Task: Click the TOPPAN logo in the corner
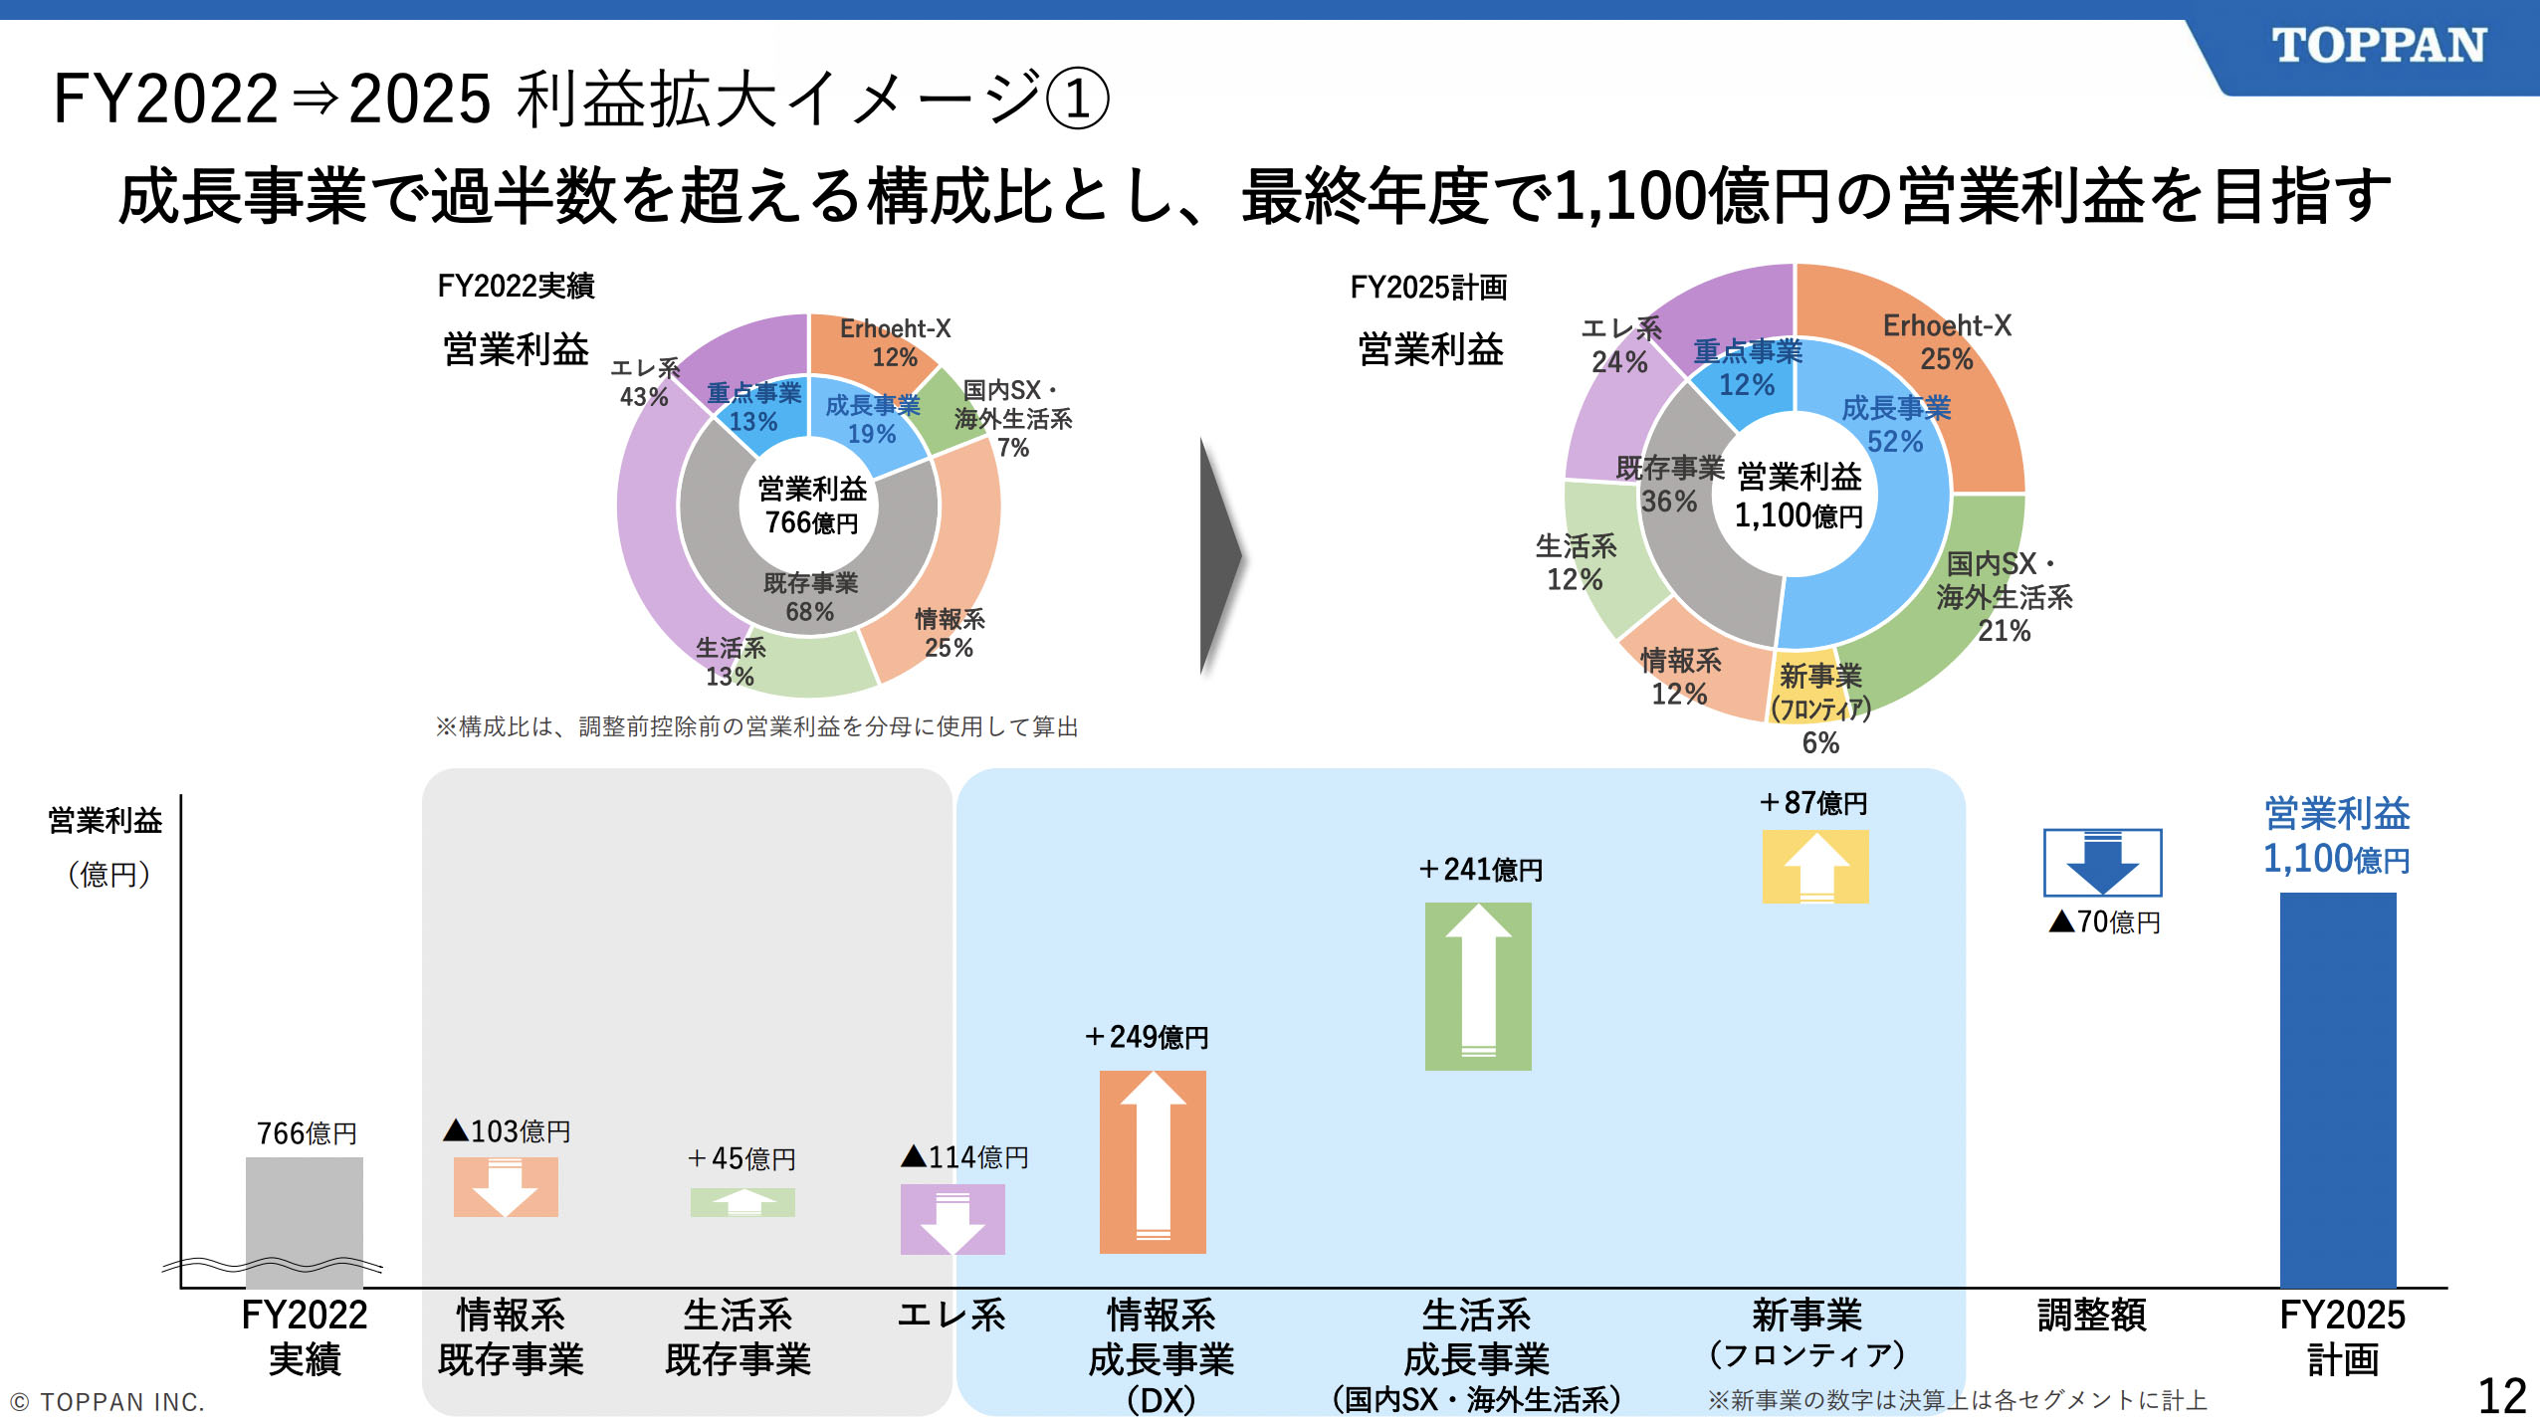tap(2378, 46)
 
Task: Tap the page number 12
tap(2500, 1395)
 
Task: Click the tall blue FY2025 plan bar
tap(2337, 1089)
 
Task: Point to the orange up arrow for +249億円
tap(1153, 1161)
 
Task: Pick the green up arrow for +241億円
tap(1478, 986)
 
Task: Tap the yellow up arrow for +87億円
tap(1815, 867)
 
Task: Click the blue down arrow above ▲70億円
tap(2102, 863)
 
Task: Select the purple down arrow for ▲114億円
tap(952, 1219)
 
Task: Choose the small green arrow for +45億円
tap(742, 1202)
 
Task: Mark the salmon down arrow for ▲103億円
tap(506, 1187)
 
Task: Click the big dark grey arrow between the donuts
tap(1220, 556)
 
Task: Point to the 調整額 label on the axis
tap(2091, 1316)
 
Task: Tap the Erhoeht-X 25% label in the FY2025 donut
tap(1947, 341)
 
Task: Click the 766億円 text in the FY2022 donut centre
tap(811, 522)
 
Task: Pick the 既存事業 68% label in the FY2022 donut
tap(810, 597)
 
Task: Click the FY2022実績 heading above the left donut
tap(516, 287)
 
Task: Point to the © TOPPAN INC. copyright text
tap(107, 1402)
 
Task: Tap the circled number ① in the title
tap(1077, 100)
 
